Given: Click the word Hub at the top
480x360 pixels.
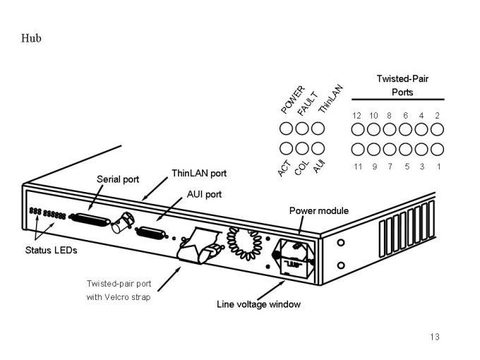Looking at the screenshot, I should (32, 38).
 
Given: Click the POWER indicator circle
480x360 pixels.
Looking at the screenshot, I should (287, 128).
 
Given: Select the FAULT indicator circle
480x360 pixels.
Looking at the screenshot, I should (302, 128).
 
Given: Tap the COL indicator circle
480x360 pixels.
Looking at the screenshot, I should (302, 149).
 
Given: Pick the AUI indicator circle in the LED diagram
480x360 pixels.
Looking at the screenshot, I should (318, 149).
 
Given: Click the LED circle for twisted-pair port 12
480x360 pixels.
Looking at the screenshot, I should (359, 128).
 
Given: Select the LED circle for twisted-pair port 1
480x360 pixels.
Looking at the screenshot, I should (437, 149).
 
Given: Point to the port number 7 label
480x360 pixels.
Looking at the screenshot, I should (390, 167).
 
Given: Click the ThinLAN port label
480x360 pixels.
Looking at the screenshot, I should (199, 172).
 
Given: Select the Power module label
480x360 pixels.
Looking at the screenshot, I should (319, 210).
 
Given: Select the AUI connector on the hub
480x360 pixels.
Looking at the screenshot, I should (152, 233).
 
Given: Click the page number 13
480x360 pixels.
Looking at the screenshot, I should (435, 337).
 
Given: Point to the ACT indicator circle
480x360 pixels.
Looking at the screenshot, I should (287, 149).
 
